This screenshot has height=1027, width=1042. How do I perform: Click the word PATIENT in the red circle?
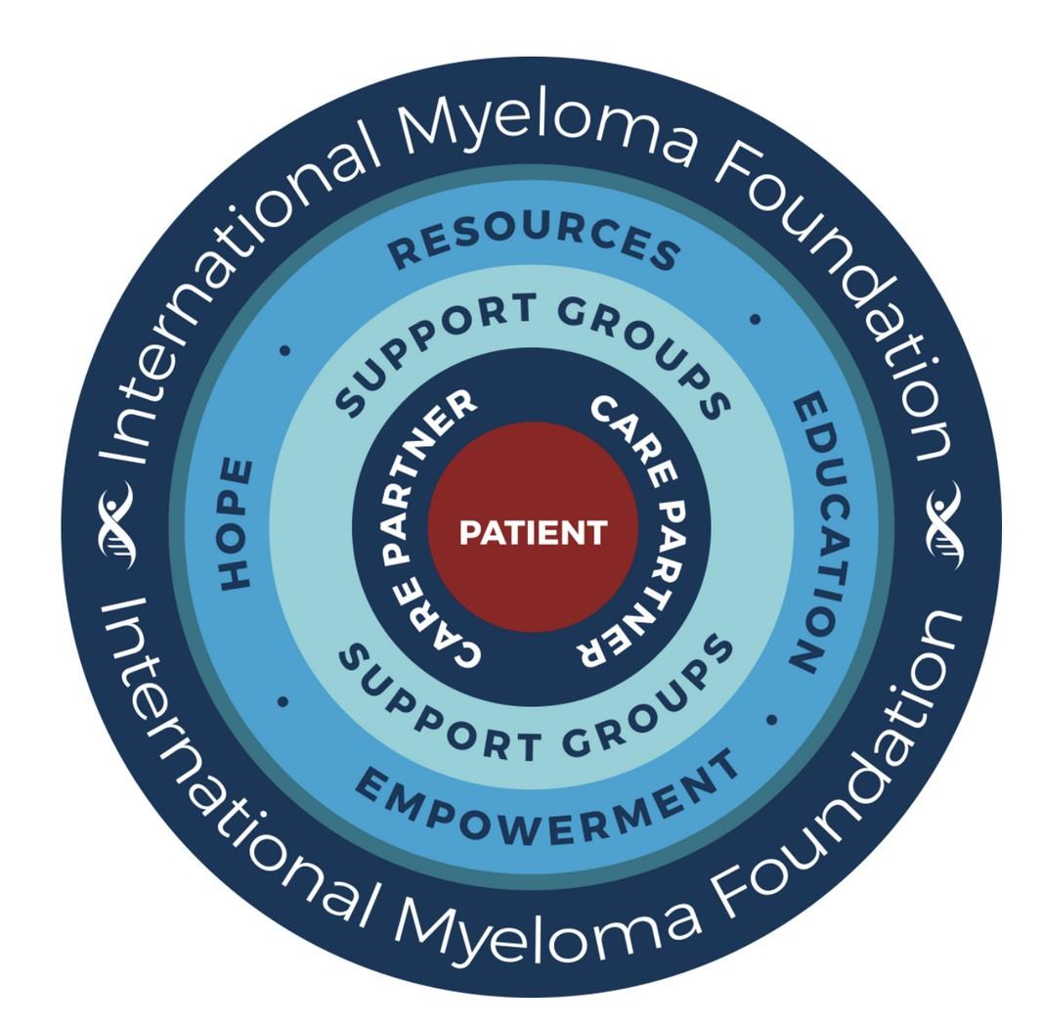[x=533, y=532]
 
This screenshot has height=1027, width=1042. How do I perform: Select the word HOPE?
[x=236, y=523]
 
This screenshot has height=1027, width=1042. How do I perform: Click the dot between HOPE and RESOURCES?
[x=284, y=349]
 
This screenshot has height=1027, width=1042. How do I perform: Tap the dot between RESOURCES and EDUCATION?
[x=754, y=319]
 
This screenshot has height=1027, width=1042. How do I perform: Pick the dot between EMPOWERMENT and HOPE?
[x=282, y=701]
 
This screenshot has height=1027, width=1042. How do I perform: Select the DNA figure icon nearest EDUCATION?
[x=944, y=523]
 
